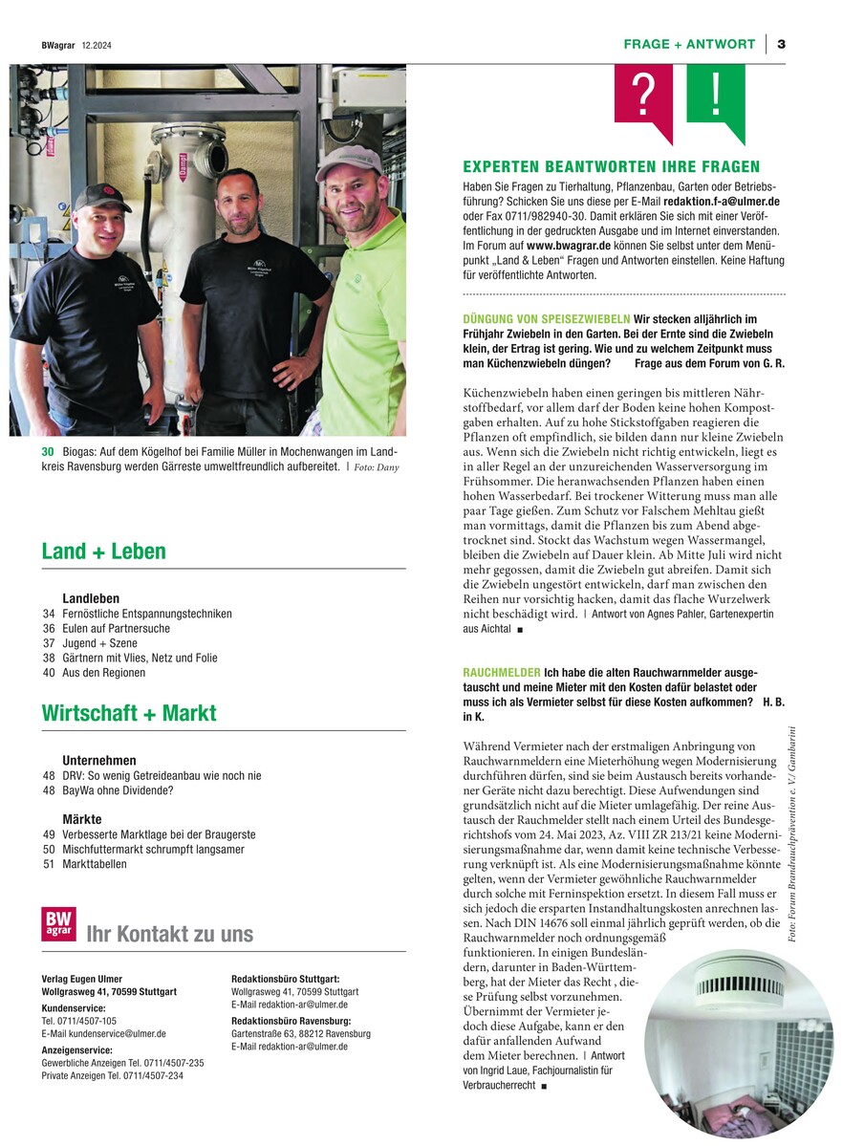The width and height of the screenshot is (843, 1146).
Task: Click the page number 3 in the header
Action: (781, 44)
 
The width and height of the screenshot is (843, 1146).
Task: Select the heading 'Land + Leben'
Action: (103, 551)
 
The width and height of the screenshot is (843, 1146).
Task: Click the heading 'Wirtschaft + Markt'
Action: (129, 713)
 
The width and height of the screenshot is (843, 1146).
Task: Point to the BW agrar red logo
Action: (58, 924)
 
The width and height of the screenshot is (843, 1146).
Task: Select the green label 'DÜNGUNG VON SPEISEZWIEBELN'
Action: (546, 317)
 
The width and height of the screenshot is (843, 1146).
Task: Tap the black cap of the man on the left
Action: (100, 195)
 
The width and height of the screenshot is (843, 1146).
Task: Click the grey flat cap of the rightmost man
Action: (347, 162)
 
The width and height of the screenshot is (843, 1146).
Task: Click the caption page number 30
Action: (47, 451)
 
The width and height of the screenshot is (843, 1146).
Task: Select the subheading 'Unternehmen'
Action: (99, 760)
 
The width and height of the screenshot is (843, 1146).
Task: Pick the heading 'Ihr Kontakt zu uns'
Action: (169, 934)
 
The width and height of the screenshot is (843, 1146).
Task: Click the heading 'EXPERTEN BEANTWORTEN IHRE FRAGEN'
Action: (611, 166)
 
